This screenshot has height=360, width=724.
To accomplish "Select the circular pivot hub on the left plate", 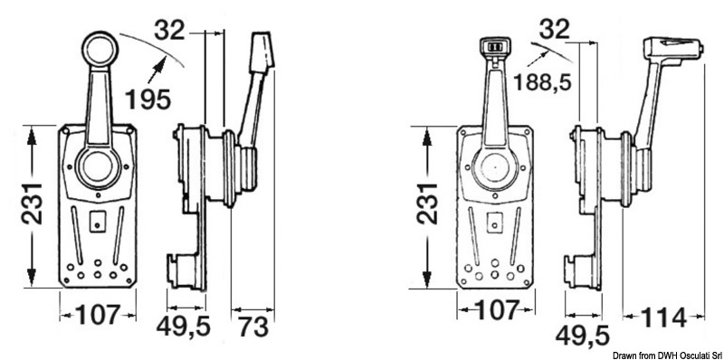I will (x=97, y=167).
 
